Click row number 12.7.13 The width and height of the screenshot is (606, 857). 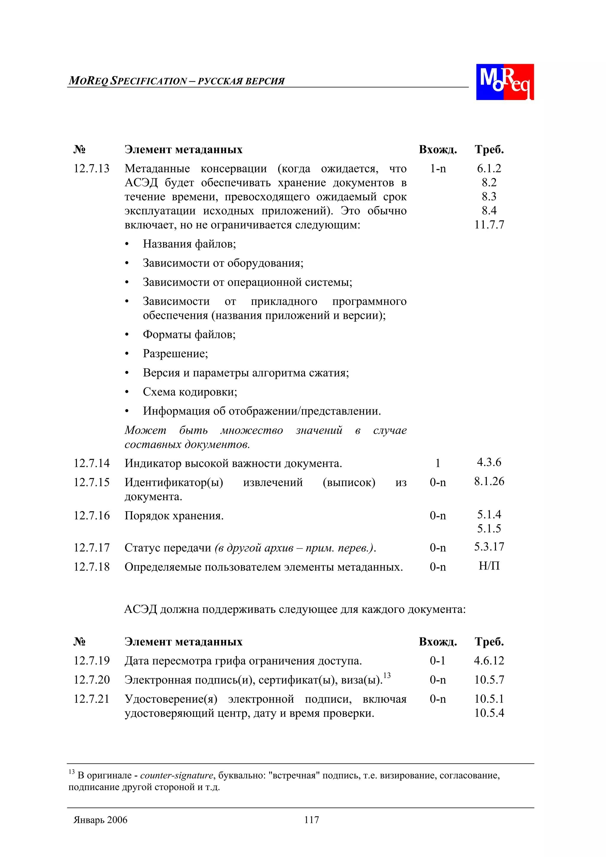click(x=91, y=168)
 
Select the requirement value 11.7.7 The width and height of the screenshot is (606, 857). click(x=489, y=225)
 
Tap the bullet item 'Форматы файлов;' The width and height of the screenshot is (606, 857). click(x=189, y=335)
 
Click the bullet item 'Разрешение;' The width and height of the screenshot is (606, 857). click(x=175, y=354)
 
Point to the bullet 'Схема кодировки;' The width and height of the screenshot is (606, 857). click(x=190, y=392)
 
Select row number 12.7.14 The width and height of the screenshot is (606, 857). click(x=91, y=463)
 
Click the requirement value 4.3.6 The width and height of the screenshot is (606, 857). click(x=489, y=462)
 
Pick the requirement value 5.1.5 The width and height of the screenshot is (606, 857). click(x=489, y=529)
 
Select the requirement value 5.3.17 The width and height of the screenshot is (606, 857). click(x=489, y=547)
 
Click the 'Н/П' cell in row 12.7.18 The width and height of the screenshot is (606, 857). click(x=489, y=566)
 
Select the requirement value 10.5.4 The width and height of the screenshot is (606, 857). click(x=489, y=713)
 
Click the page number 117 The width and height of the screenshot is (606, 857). click(x=311, y=820)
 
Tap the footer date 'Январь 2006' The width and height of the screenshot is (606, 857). click(x=100, y=820)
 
